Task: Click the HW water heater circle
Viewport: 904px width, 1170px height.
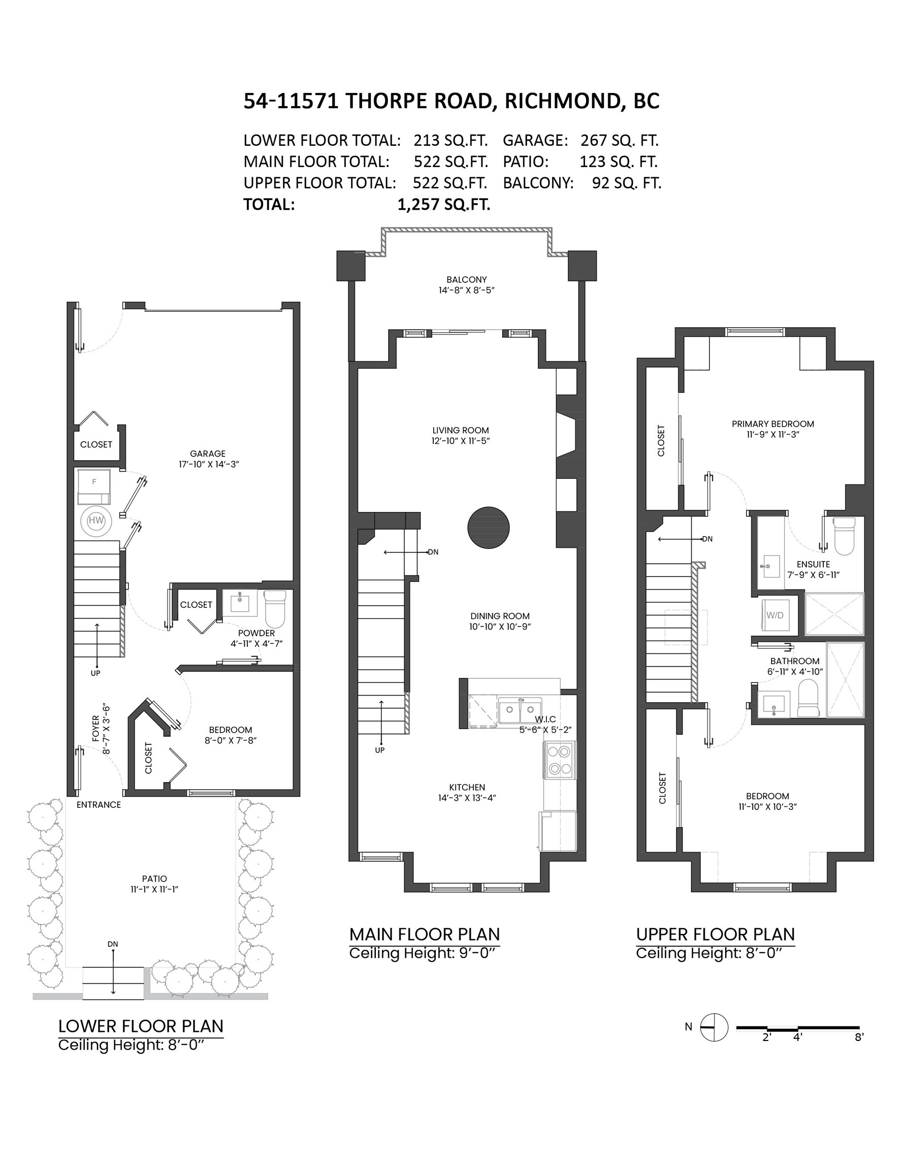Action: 96,519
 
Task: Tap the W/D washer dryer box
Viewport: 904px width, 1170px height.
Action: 774,615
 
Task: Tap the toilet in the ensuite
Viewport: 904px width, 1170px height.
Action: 845,536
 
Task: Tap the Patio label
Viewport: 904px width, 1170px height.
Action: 154,879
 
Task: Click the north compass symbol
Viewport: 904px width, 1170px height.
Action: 714,1027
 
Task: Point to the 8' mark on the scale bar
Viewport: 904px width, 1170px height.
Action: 859,1036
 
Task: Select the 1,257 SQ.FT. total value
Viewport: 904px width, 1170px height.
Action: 444,205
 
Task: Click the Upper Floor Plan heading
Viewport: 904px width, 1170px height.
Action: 716,934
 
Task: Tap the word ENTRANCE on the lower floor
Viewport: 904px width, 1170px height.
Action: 99,805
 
